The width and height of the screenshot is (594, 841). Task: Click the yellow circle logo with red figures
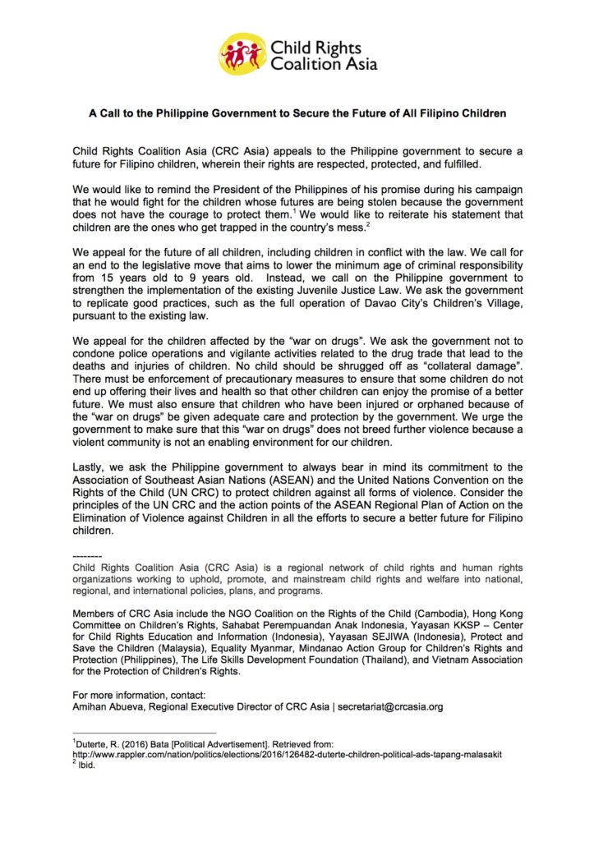tap(242, 54)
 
